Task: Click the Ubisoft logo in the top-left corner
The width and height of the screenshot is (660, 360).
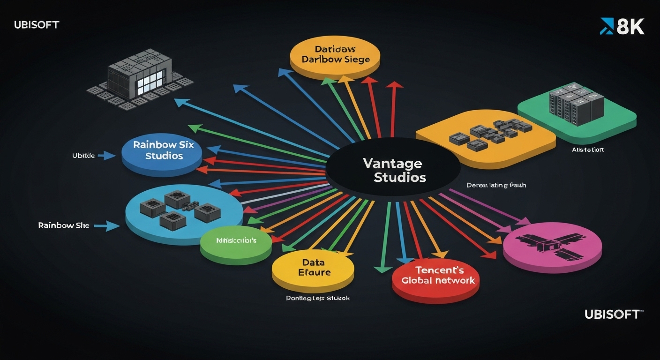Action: coord(37,25)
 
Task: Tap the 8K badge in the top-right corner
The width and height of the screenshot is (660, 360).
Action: coord(622,27)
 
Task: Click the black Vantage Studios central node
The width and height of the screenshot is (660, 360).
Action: coord(393,170)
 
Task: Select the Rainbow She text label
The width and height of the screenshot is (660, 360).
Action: coord(63,225)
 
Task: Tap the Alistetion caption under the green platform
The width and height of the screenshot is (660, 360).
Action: coord(588,150)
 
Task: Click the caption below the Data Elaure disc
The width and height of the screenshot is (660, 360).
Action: coord(317,298)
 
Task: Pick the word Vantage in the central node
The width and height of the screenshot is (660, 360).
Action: coord(392,163)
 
